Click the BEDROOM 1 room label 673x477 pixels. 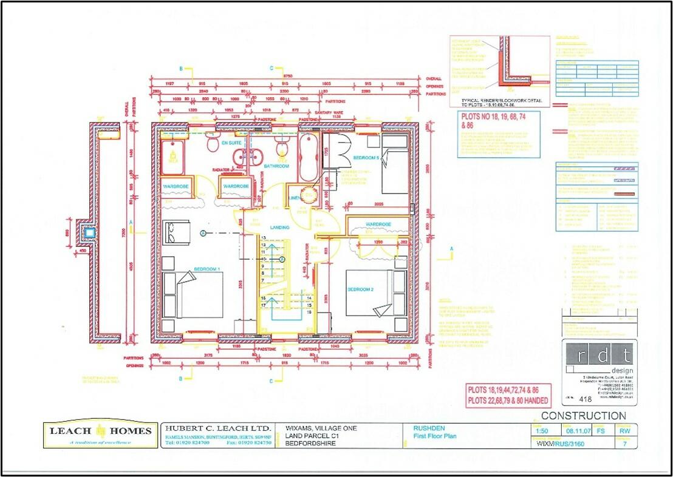click(x=207, y=268)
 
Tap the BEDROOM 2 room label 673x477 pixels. click(x=360, y=289)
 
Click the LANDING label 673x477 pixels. click(x=280, y=227)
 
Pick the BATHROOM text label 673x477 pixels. click(x=276, y=166)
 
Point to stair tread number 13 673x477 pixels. click(x=264, y=237)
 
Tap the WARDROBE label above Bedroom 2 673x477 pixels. click(x=377, y=224)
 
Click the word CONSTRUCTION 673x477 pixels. click(x=583, y=416)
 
